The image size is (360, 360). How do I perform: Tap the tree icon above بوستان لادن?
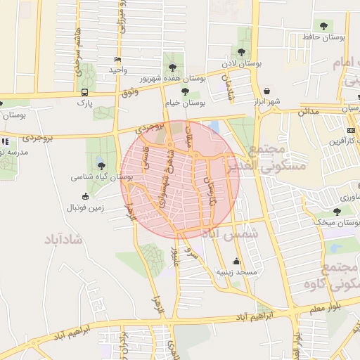tap(242, 52)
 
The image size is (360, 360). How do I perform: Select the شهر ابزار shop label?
tap(268, 101)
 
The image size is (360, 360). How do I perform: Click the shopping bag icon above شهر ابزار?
tap(268, 91)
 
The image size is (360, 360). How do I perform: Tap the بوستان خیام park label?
tap(186, 102)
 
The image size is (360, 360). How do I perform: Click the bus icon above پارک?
tap(85, 92)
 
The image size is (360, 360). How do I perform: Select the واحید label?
tap(117, 70)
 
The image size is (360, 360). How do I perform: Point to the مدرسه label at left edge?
tap(14, 152)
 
